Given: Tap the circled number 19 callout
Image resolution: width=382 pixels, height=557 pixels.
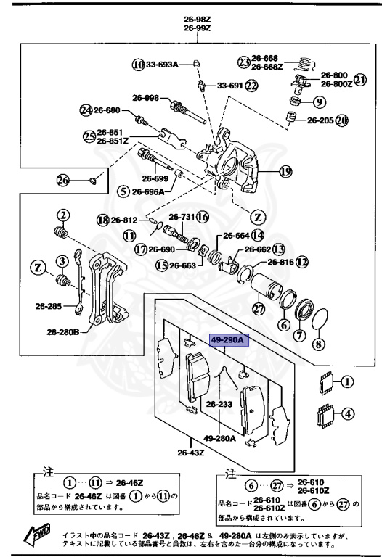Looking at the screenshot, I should click(285, 172).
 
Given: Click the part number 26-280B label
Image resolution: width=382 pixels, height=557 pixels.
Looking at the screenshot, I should click(63, 332).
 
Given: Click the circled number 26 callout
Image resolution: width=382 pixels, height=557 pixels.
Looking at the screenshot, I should click(62, 179).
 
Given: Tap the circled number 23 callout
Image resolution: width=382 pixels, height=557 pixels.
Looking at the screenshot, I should click(244, 60).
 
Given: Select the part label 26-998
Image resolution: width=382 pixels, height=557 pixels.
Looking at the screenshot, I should click(145, 98).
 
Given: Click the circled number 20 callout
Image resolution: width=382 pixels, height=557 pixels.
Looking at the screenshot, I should click(341, 120).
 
